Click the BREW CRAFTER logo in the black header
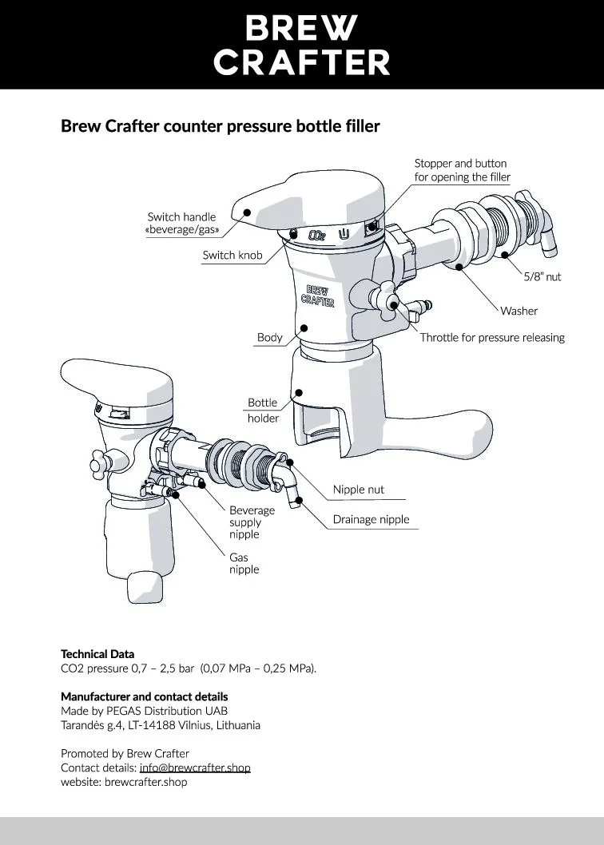pos(302,45)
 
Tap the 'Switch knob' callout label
pos(232,256)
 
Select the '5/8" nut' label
pos(542,277)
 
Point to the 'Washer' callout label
pos(519,311)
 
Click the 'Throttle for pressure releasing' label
pos(492,338)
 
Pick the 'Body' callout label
pos(269,338)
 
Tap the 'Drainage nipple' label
pos(371,520)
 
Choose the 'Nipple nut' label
pos(359,490)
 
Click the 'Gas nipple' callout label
pos(244,564)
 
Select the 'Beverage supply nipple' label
pos(252,522)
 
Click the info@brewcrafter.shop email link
pos(195,768)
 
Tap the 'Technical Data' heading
pos(97,654)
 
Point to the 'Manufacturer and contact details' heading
pos(144,696)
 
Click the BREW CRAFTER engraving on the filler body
pos(317,296)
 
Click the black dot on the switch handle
pos(248,212)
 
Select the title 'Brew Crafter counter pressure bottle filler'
pos(220,126)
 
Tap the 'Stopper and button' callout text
pos(460,164)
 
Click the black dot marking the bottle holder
pos(299,391)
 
